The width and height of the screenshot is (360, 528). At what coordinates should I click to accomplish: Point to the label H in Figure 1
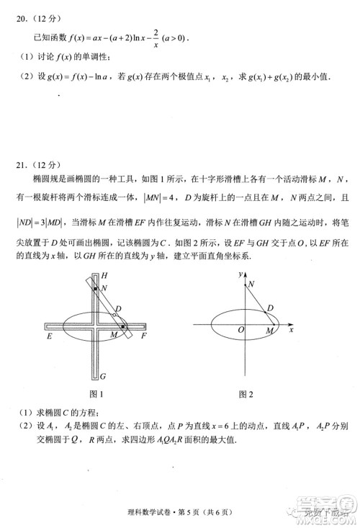[x=104, y=276]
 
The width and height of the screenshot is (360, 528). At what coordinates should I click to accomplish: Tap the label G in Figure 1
[x=104, y=376]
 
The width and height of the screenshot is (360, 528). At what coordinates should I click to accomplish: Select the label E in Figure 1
[x=49, y=336]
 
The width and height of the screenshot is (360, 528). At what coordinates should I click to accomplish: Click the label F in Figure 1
[x=144, y=336]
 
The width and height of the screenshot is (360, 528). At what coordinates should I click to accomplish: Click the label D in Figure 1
[x=119, y=309]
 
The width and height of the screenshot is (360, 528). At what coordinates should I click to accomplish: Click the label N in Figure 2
[x=251, y=285]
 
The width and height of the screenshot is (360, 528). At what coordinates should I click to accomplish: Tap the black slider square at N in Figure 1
[x=95, y=288]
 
